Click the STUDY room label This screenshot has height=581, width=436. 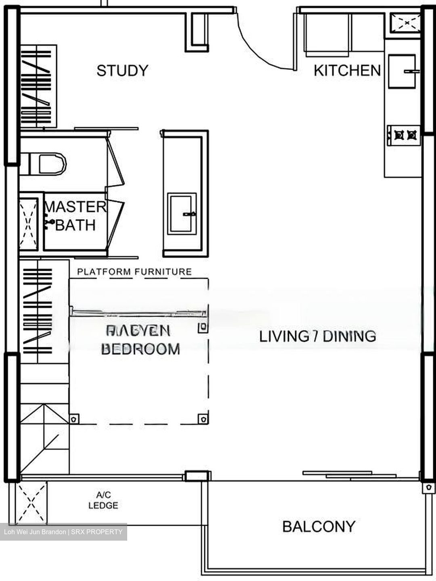click(122, 71)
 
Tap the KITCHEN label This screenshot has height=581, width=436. click(347, 70)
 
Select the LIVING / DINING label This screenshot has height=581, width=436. click(317, 336)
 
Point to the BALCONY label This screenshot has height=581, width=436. click(319, 527)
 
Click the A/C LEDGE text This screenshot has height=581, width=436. click(103, 500)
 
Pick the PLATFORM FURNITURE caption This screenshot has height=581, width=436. click(134, 272)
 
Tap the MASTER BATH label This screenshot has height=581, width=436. click(75, 216)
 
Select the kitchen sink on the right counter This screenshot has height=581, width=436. click(402, 71)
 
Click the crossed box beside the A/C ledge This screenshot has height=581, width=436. click(31, 503)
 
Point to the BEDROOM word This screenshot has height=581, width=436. click(140, 349)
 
